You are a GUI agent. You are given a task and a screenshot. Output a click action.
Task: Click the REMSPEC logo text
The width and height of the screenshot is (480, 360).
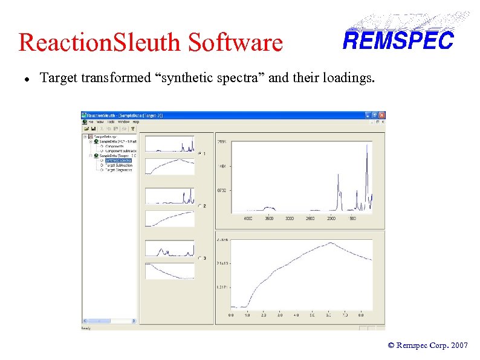point(398,40)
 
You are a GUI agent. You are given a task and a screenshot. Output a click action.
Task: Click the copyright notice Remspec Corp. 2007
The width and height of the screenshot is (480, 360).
point(427,346)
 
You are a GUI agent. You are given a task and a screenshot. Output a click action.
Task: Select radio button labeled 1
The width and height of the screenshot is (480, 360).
point(199,153)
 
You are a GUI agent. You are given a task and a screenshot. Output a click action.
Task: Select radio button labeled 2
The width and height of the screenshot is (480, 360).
point(199,206)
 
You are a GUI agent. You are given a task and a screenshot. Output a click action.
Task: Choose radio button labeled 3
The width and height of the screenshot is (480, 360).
point(199,259)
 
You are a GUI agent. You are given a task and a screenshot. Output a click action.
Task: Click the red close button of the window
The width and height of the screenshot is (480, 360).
point(381,115)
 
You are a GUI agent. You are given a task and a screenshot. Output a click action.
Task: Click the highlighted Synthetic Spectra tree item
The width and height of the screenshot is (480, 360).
point(118,160)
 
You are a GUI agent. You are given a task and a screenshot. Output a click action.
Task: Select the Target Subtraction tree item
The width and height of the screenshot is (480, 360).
point(118,165)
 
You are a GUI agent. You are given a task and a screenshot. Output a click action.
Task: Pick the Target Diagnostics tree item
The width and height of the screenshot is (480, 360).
point(118,170)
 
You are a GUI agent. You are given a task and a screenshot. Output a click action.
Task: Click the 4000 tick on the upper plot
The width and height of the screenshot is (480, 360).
point(248,218)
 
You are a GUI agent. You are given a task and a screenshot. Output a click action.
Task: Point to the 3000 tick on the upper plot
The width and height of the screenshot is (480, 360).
point(290,218)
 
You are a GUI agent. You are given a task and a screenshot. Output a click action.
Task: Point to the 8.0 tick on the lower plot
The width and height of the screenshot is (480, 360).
point(361,315)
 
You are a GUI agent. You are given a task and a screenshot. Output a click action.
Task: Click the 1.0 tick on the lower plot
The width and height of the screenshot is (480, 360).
point(247,315)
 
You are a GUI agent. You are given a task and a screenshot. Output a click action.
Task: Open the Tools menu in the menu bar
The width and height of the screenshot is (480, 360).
point(110,121)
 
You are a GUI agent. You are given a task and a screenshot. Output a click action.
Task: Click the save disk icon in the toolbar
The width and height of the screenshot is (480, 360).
point(94,128)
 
